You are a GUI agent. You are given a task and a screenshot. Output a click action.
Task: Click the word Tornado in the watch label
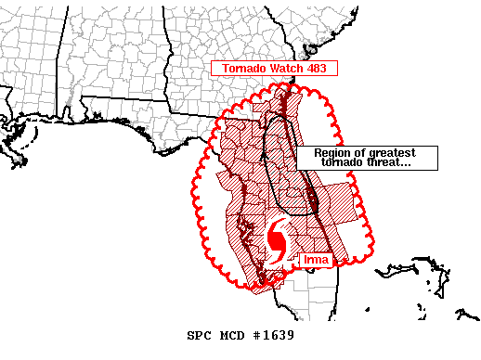[x=242, y=68]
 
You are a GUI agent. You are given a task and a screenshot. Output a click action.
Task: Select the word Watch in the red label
[x=287, y=68]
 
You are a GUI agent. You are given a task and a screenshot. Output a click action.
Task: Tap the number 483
[x=318, y=68]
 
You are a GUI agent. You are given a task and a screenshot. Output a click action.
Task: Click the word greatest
[x=392, y=153]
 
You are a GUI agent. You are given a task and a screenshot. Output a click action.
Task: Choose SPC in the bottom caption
[x=200, y=335]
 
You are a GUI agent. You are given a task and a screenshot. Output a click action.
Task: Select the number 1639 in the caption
[x=279, y=335]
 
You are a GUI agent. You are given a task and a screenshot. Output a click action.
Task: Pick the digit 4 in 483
[x=310, y=68]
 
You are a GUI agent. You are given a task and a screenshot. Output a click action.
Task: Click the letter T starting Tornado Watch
[x=225, y=68]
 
